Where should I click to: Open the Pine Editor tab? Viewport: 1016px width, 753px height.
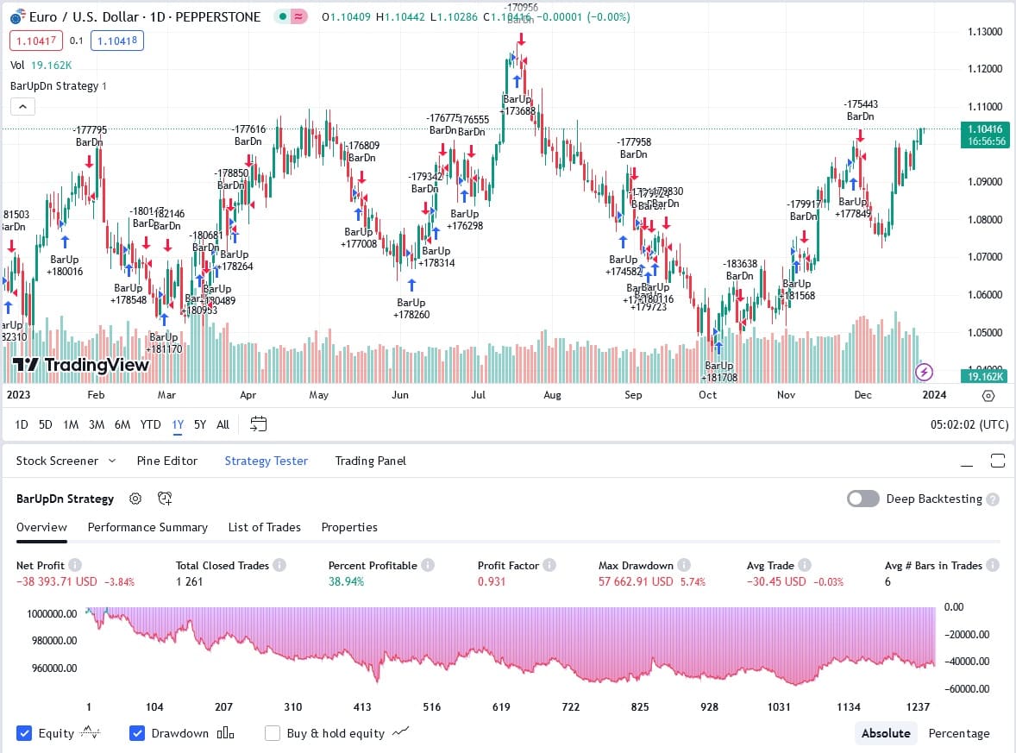click(166, 461)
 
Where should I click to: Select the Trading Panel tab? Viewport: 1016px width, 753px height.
click(370, 461)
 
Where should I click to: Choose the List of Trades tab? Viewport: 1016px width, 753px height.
click(264, 527)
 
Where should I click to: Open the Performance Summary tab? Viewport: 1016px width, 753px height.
click(147, 527)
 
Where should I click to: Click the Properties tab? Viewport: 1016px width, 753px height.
click(349, 527)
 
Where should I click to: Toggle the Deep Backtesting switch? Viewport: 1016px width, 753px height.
click(862, 499)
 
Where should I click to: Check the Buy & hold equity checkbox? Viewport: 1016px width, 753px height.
click(273, 733)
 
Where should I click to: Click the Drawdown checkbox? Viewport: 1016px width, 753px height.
click(137, 733)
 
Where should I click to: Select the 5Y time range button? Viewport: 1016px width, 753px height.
click(199, 424)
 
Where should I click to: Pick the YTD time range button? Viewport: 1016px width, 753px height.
click(150, 424)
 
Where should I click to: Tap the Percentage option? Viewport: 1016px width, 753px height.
click(958, 733)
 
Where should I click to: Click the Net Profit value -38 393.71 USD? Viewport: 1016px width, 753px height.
click(57, 581)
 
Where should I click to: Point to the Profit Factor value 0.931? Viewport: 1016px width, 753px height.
click(491, 581)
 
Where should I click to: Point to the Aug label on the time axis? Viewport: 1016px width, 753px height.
click(552, 395)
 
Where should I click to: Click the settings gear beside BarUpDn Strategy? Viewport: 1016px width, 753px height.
click(135, 499)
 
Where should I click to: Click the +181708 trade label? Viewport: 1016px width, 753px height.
click(719, 377)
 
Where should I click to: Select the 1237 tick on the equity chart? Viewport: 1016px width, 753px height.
click(918, 706)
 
